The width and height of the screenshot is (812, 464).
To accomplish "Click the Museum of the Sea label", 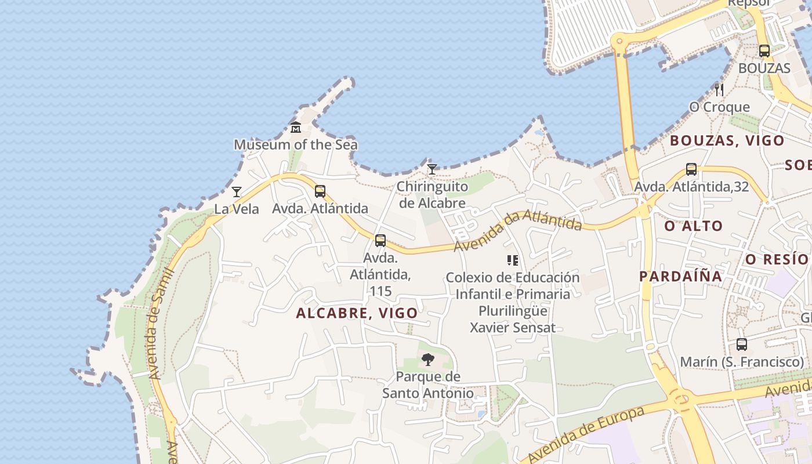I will click(295, 144).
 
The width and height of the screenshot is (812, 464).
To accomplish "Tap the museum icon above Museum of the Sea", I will click(296, 127).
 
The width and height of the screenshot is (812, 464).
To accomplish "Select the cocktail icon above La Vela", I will click(237, 192).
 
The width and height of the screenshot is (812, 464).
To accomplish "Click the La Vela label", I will click(237, 209).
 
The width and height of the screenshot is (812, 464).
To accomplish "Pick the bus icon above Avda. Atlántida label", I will click(320, 191).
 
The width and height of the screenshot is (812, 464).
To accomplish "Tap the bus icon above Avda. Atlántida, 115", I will click(380, 240).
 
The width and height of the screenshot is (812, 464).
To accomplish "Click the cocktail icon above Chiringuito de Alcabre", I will click(432, 169).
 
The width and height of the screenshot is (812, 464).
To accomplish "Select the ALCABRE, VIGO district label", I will click(357, 313).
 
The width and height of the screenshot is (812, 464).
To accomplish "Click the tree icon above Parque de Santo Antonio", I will click(428, 360).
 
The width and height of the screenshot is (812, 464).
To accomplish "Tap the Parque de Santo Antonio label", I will click(428, 385).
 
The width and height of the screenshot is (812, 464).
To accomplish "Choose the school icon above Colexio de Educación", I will click(512, 260).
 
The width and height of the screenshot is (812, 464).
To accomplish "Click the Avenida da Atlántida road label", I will click(517, 230).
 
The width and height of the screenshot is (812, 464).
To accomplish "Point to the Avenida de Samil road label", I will click(161, 324).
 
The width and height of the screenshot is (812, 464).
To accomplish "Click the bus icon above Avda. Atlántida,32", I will click(691, 169).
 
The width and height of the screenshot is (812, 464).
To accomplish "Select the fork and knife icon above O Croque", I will click(719, 89).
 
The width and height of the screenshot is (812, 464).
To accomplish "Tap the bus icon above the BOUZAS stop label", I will click(764, 50).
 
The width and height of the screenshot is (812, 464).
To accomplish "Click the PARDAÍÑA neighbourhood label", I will click(681, 276).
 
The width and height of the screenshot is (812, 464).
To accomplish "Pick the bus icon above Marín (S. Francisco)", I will click(742, 345).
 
